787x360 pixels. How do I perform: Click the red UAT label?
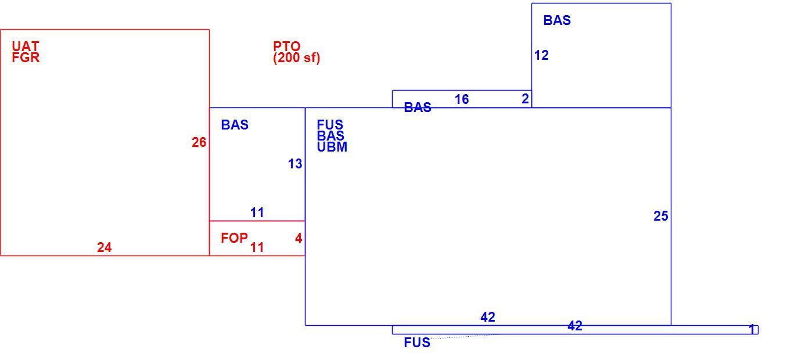point(26,46)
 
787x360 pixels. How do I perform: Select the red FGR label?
point(26,57)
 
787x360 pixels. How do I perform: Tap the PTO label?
point(287,46)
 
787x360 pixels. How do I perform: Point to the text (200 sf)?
point(297,57)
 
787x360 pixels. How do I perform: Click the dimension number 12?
point(541,55)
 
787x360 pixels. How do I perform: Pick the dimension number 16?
point(462,99)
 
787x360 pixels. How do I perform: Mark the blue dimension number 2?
point(525,99)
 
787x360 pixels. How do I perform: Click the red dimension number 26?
point(199,142)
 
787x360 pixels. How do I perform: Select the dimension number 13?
point(295,164)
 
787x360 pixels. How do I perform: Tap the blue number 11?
point(257,213)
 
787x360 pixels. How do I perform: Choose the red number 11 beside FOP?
point(257,247)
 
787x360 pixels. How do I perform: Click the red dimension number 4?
point(299,238)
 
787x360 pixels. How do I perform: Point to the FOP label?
point(234,238)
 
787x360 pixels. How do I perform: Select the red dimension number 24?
point(105,247)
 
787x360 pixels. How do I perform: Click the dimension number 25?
point(661,216)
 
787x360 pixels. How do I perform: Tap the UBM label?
point(332,147)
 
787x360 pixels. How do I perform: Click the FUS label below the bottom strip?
point(417,343)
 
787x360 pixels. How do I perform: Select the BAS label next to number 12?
point(557,20)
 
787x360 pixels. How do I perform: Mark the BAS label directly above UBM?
point(330,136)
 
